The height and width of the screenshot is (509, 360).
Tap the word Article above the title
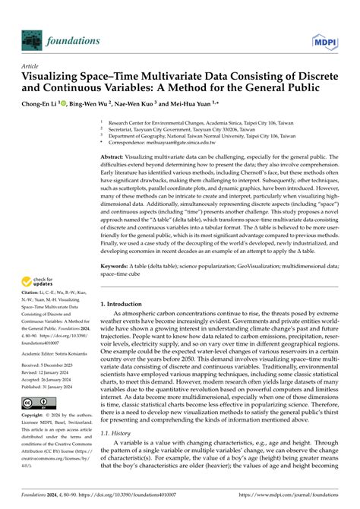point(30,67)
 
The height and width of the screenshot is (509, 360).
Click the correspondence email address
point(156,141)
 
